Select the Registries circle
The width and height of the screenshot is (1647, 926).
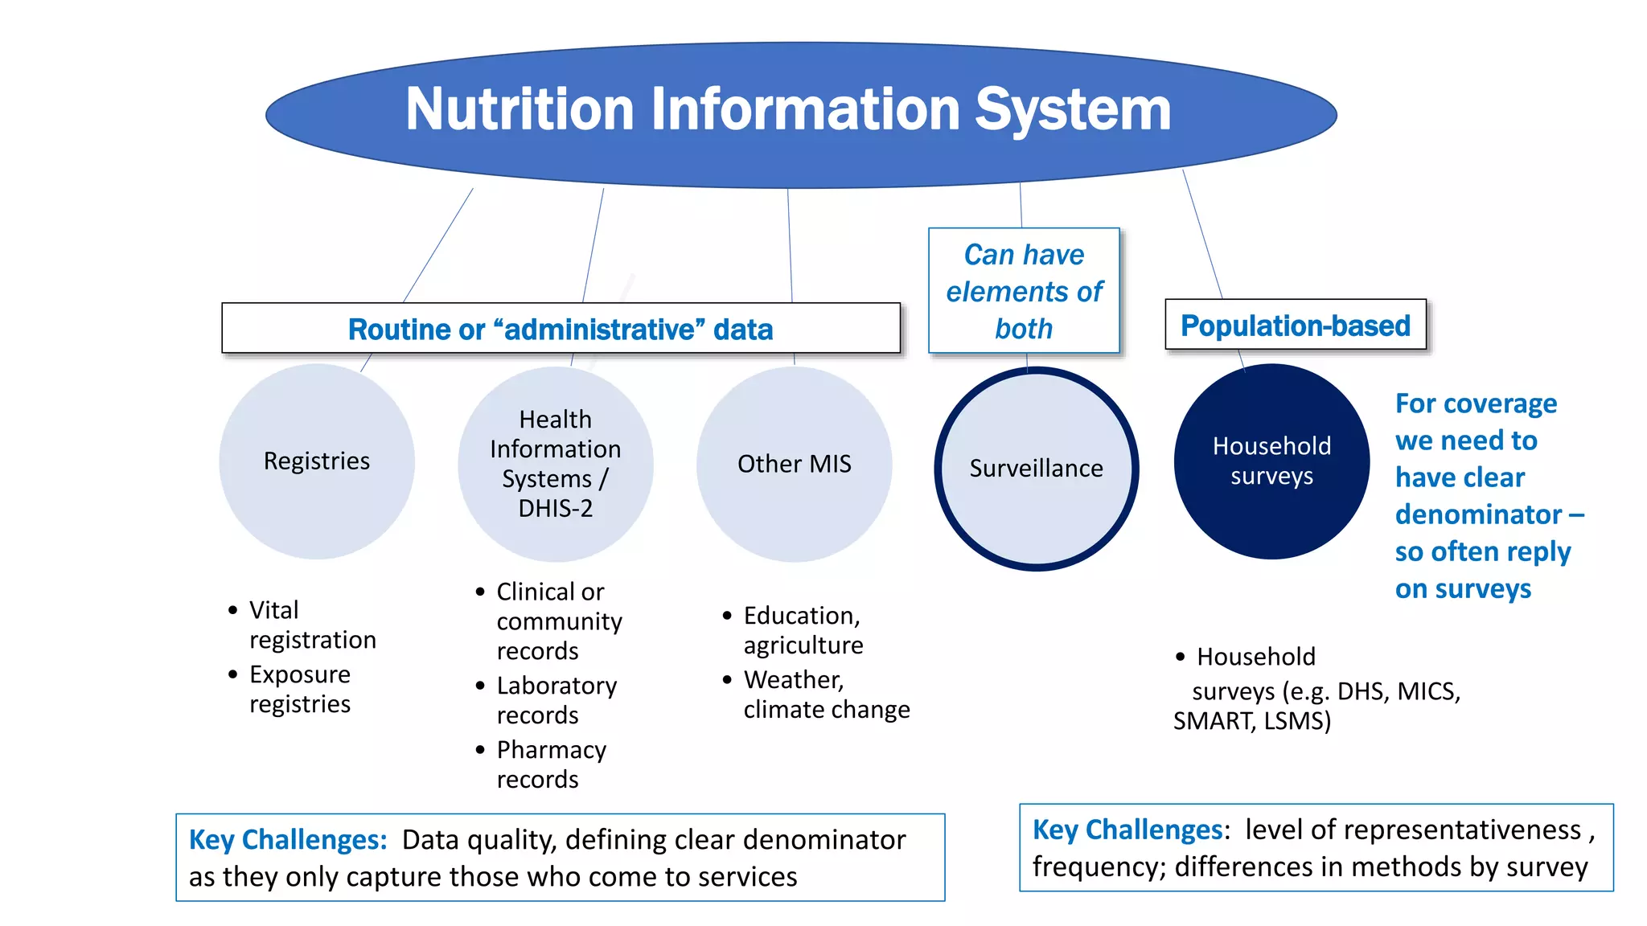(x=317, y=461)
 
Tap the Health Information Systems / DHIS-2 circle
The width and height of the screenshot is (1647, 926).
(x=556, y=464)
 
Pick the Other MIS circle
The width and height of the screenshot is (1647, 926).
(x=794, y=464)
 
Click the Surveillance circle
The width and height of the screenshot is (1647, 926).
(x=1036, y=469)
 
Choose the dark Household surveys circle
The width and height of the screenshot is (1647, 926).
(x=1271, y=461)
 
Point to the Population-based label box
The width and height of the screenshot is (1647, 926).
(x=1295, y=326)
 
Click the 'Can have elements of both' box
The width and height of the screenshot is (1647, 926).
(x=1024, y=291)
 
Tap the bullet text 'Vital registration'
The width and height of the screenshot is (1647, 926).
(x=312, y=625)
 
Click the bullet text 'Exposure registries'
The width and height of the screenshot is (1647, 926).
(x=300, y=689)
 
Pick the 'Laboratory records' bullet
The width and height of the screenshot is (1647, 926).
(x=557, y=700)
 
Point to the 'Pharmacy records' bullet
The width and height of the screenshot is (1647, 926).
(x=552, y=764)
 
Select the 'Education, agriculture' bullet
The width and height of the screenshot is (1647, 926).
(x=803, y=630)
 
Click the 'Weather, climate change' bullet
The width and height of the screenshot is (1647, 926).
(x=826, y=694)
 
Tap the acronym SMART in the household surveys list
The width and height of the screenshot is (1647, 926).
(x=1214, y=721)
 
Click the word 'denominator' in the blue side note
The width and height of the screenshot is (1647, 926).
(x=1478, y=514)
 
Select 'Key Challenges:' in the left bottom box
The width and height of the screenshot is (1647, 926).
(x=288, y=840)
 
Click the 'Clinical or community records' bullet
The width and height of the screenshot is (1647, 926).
(x=559, y=621)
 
